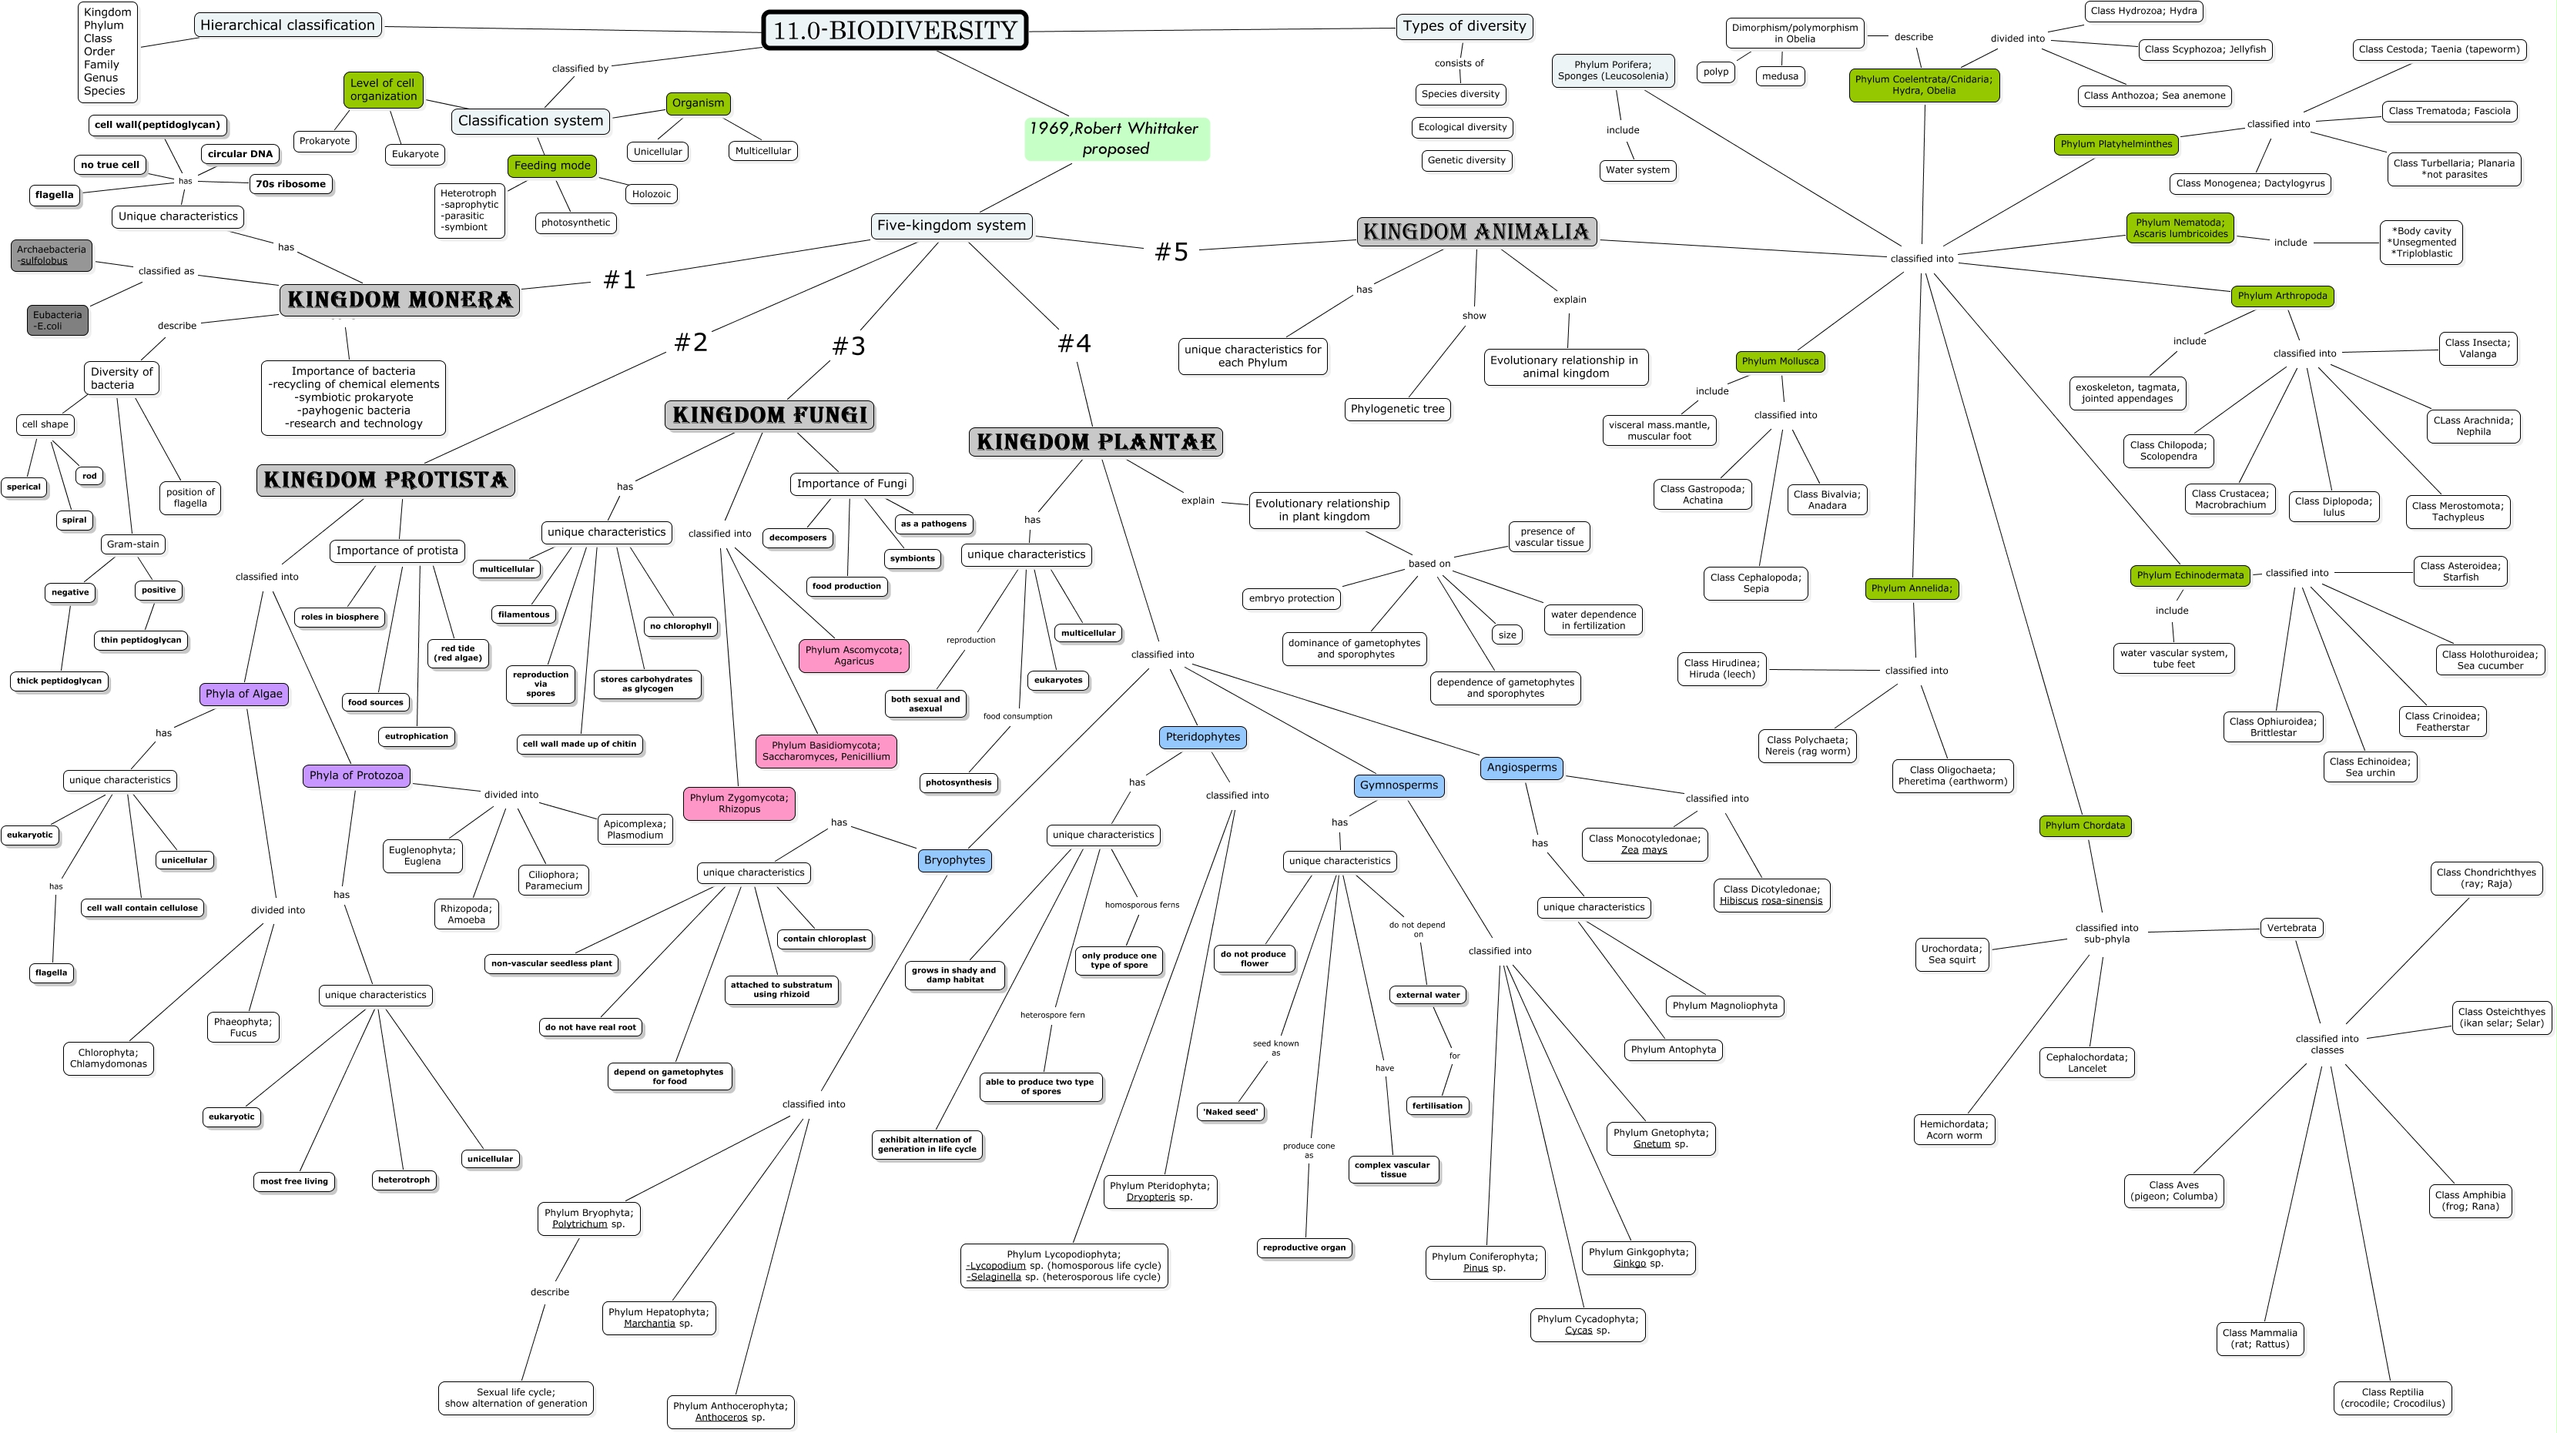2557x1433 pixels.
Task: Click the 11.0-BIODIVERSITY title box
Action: click(894, 30)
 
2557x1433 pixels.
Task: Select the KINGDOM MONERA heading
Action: click(400, 300)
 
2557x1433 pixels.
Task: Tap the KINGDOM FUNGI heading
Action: click(769, 415)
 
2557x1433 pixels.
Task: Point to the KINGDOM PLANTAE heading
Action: click(1096, 442)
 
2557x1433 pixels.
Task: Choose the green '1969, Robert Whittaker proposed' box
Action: click(1116, 139)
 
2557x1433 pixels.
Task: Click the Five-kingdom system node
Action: click(951, 226)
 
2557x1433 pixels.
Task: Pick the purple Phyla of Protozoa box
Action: click(357, 775)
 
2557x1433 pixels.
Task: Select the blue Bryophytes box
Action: click(954, 860)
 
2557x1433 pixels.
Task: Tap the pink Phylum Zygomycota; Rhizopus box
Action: click(739, 803)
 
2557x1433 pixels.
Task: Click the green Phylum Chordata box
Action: click(2085, 825)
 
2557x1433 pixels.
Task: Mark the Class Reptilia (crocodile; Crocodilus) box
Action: click(2392, 1398)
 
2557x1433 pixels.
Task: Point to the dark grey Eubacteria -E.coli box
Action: click(58, 320)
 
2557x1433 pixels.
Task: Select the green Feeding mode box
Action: click(552, 166)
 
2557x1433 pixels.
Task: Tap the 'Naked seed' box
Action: click(1231, 1111)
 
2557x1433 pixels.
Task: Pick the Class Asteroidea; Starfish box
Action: click(2460, 571)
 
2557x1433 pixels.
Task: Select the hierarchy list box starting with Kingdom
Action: click(106, 52)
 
